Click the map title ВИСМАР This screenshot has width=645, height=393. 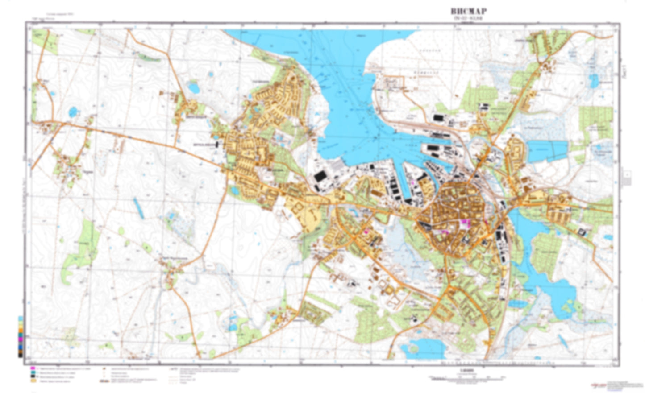(x=468, y=11)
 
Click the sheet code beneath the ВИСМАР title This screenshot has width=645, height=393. (x=468, y=18)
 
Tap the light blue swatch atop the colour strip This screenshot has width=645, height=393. (x=20, y=319)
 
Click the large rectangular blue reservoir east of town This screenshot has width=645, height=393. (x=547, y=151)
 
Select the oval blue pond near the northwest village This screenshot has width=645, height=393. (x=193, y=87)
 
